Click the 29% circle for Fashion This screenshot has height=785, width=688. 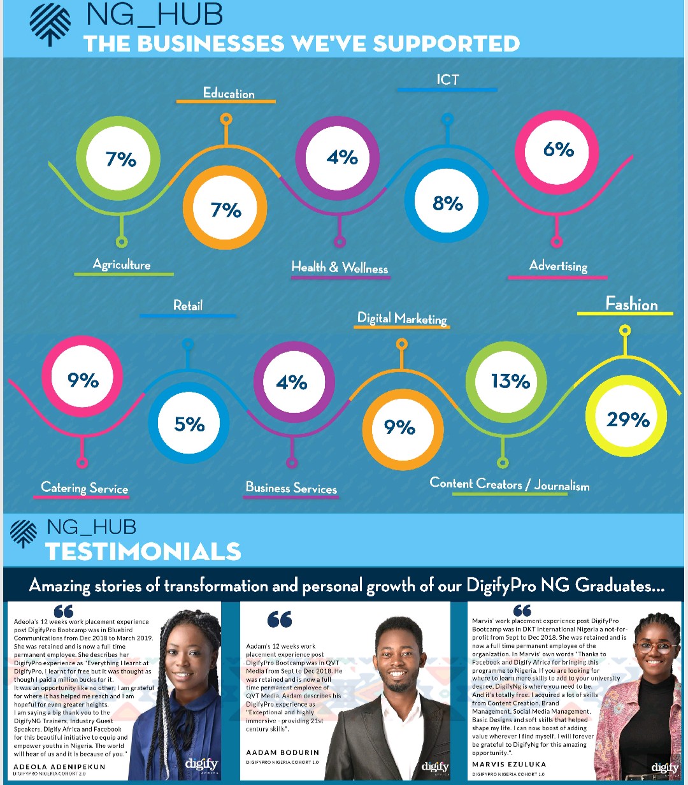click(627, 417)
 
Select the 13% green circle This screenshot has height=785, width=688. click(510, 381)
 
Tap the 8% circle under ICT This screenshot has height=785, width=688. click(448, 203)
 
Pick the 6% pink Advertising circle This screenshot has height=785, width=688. click(559, 150)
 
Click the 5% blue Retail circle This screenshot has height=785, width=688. click(189, 424)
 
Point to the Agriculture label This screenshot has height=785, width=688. click(122, 264)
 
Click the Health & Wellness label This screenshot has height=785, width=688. click(340, 267)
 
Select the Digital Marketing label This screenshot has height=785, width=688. click(402, 319)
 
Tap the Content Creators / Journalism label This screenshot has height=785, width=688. click(510, 484)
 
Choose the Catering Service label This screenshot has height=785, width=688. click(85, 488)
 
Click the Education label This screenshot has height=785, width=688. click(229, 94)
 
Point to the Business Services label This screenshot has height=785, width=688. click(291, 488)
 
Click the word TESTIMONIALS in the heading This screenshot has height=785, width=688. click(143, 551)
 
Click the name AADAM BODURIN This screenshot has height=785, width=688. click(283, 753)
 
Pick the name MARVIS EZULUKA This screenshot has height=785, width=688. click(509, 764)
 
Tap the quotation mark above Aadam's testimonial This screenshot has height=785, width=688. click(280, 619)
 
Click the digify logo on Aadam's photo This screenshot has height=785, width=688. click(435, 767)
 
